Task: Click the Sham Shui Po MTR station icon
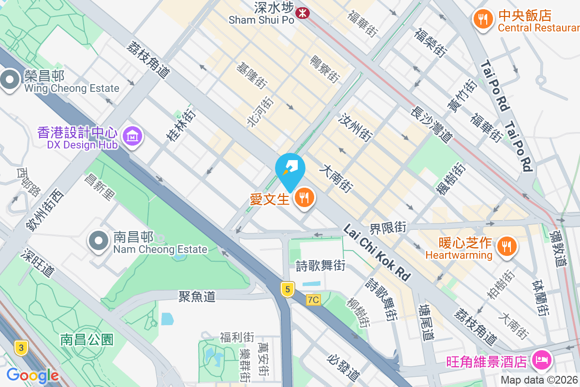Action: (x=304, y=13)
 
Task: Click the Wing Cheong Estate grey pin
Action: (x=10, y=81)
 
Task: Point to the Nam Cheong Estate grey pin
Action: (x=99, y=241)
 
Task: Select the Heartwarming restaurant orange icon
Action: (x=507, y=247)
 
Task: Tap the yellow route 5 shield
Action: (x=288, y=289)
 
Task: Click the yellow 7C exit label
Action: (x=313, y=300)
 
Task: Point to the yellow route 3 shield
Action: (x=20, y=347)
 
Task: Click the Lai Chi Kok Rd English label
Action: (x=377, y=252)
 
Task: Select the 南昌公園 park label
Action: (x=87, y=339)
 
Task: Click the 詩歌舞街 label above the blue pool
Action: (x=320, y=265)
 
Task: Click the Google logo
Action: (x=32, y=375)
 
